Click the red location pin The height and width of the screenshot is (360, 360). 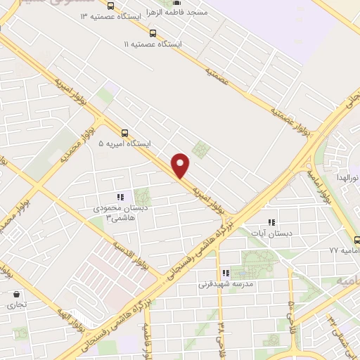[181, 165]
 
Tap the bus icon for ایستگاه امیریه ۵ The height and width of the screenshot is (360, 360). [124, 132]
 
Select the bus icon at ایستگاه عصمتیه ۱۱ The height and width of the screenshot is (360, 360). [153, 32]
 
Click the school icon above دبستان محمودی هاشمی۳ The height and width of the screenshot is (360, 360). [120, 198]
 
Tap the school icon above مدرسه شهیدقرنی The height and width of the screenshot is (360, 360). [225, 273]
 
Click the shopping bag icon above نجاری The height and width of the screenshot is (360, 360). [15, 295]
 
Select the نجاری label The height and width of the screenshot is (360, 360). [15, 306]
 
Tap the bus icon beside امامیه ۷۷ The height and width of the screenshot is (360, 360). [356, 239]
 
